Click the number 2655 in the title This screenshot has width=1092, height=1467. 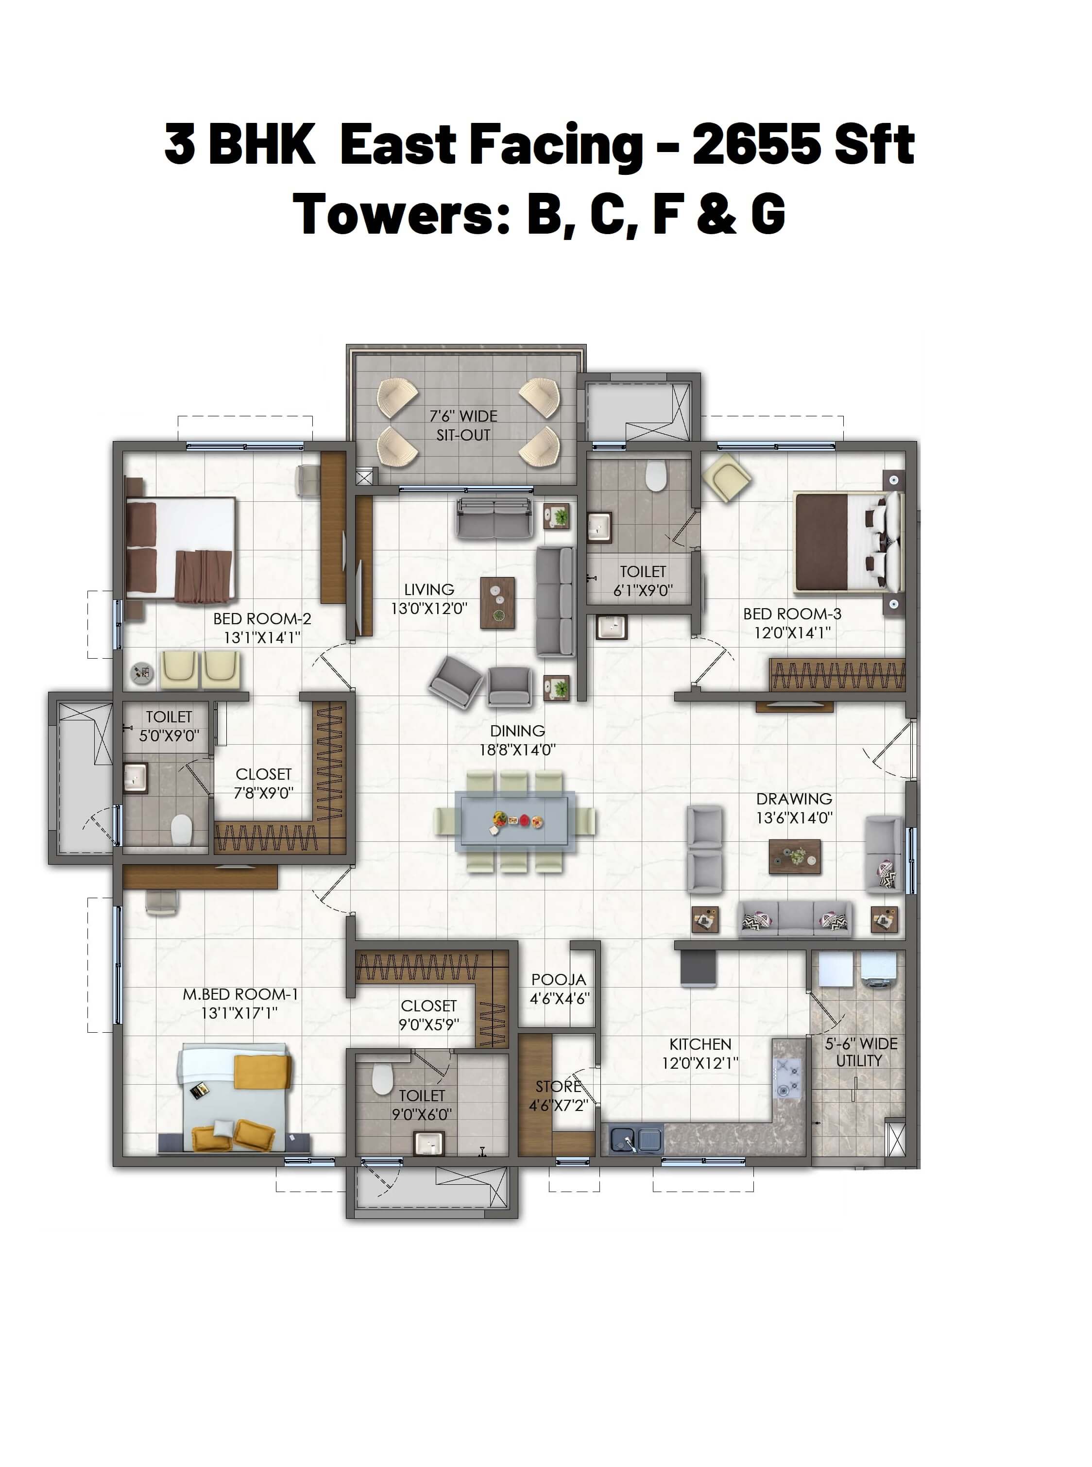pos(756,144)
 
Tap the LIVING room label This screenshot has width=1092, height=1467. pos(429,589)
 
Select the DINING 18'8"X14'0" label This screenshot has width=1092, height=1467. pos(517,740)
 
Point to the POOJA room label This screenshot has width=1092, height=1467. pos(559,979)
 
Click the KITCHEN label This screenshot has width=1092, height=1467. pos(700,1044)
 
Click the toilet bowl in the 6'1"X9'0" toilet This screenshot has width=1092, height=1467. pos(655,476)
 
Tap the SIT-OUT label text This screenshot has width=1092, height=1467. pos(463,435)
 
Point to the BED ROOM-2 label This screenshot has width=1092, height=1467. pos(262,619)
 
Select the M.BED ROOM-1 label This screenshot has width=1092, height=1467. pos(240,994)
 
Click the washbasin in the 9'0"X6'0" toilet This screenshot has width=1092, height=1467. pos(429,1143)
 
